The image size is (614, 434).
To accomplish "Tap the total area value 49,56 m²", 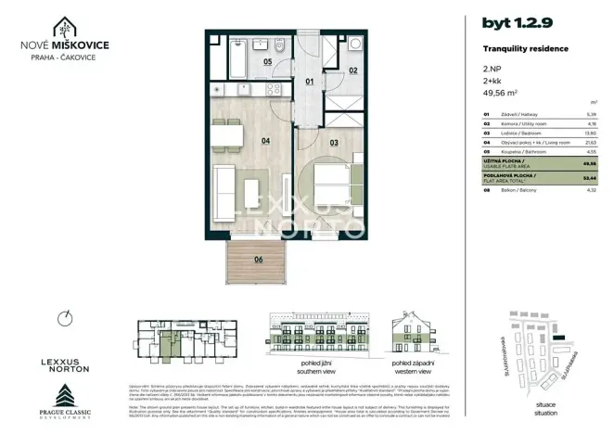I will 500,93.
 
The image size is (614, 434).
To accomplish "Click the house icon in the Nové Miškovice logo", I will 67,27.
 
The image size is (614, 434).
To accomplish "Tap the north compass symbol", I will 64,318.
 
